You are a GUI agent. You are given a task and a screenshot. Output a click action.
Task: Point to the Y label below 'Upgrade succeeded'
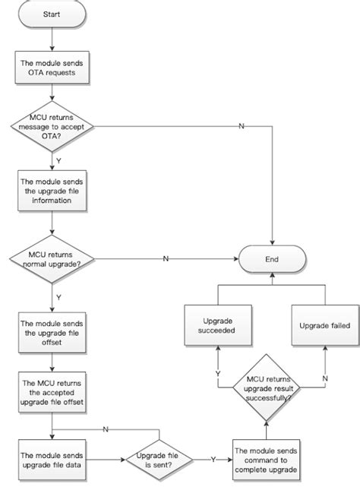[x=218, y=374]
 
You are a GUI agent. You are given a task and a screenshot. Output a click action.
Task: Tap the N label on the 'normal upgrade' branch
[x=166, y=259]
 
